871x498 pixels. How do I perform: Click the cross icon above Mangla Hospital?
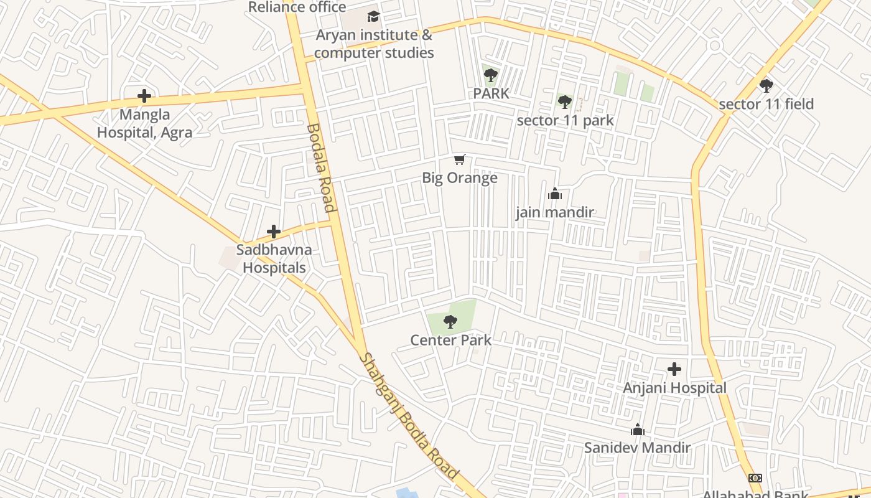click(144, 96)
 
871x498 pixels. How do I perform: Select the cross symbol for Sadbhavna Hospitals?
click(274, 232)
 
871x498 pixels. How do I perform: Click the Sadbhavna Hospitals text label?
click(274, 258)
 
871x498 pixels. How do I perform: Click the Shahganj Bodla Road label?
click(409, 416)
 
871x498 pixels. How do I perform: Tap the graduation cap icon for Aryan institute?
click(373, 16)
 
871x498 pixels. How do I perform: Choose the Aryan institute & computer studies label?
click(373, 44)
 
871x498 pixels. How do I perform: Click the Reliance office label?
click(297, 7)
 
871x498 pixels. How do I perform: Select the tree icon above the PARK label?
click(491, 75)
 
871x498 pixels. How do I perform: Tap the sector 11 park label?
click(565, 120)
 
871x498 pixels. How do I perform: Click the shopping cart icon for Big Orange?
click(460, 160)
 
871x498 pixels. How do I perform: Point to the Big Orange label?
click(460, 178)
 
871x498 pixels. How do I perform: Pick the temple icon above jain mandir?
click(555, 194)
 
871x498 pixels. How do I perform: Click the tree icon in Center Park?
click(450, 322)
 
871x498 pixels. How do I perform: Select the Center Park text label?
click(450, 341)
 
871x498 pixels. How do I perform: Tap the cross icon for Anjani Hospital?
click(674, 369)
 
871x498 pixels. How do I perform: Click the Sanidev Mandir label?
click(637, 448)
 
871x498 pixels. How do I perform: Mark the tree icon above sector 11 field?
click(766, 85)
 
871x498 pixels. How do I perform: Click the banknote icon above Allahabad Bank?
click(755, 478)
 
